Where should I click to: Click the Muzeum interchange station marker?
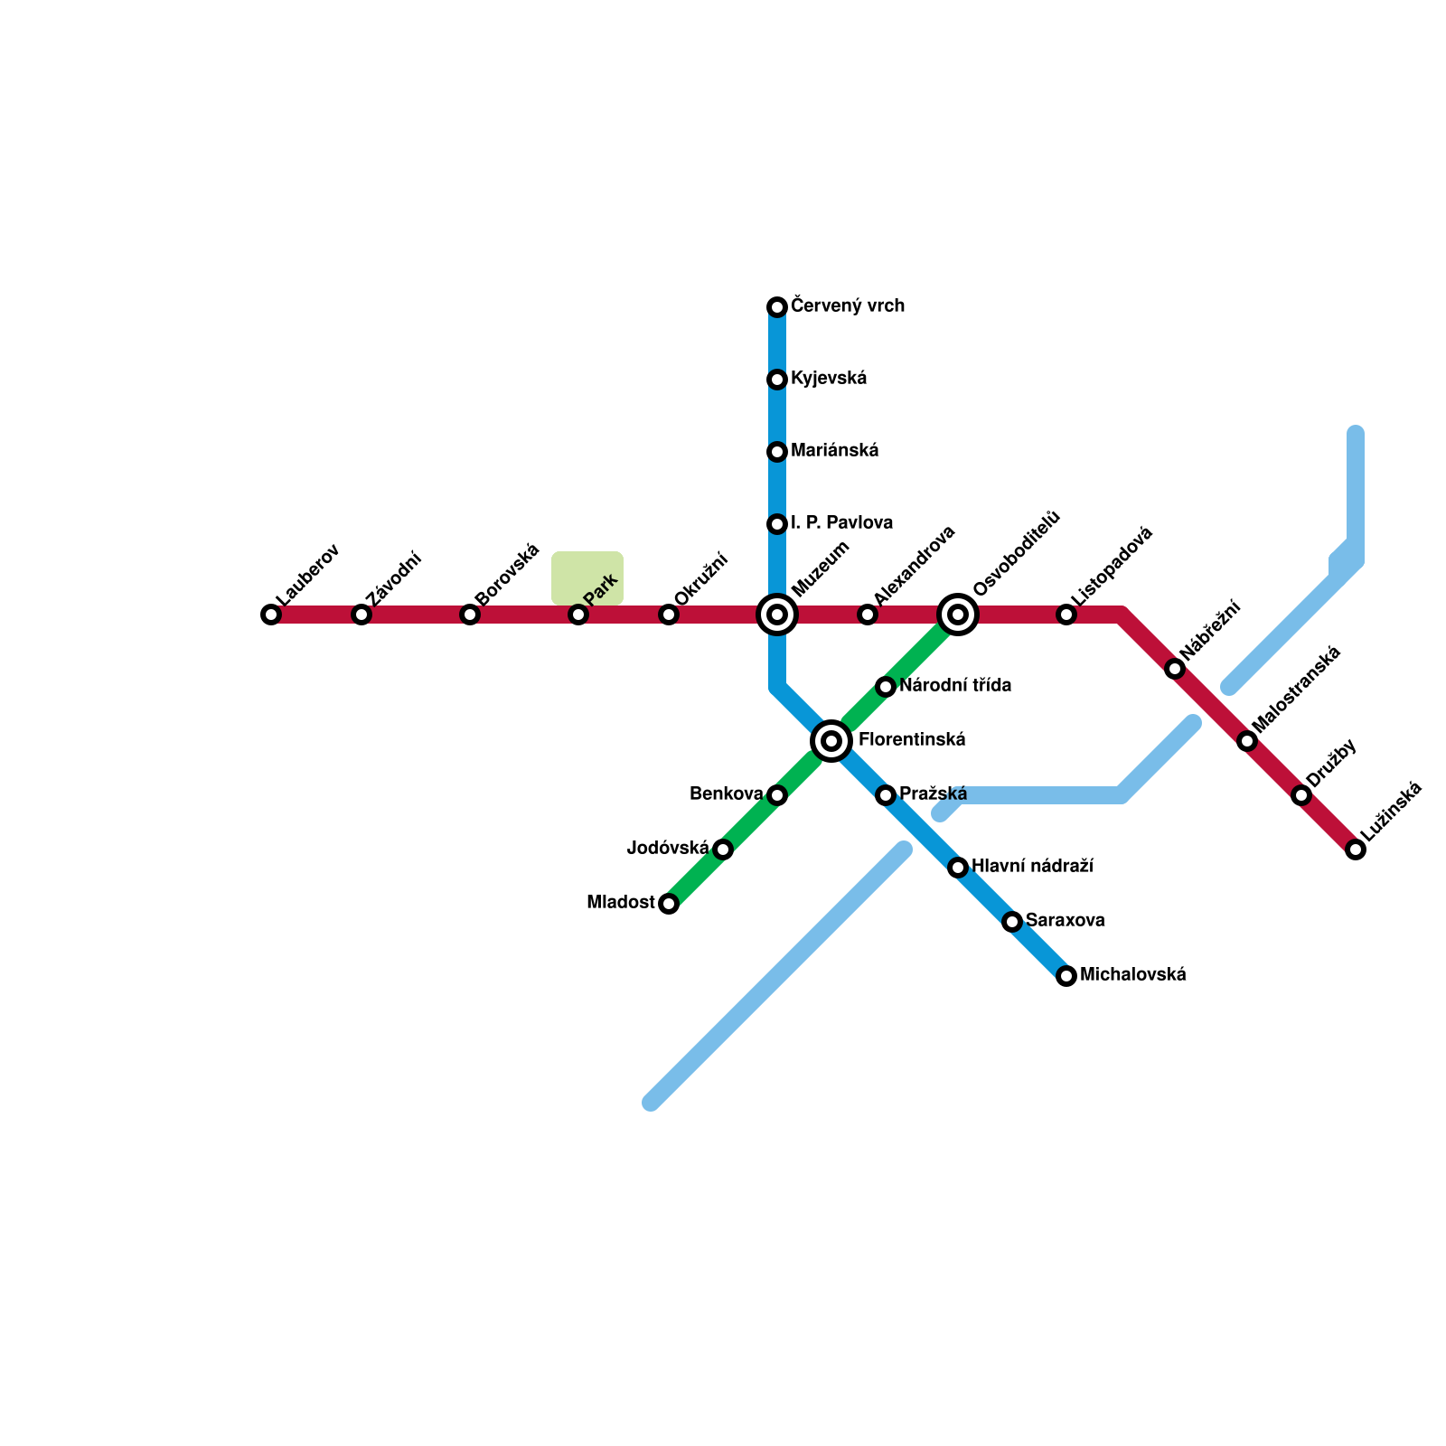click(x=777, y=615)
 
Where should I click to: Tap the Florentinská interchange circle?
click(x=831, y=741)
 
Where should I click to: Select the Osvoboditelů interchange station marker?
click(x=958, y=615)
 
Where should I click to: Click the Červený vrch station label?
click(x=847, y=306)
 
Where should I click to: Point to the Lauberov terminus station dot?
click(x=271, y=615)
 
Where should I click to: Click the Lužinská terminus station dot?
click(x=1355, y=850)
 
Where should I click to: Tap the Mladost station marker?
click(x=669, y=904)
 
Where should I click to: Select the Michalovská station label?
click(x=1132, y=975)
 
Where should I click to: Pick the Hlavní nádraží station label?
click(x=1032, y=867)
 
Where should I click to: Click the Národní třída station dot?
click(x=886, y=687)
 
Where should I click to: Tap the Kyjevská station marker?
click(x=777, y=380)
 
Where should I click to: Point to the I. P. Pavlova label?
click(x=841, y=523)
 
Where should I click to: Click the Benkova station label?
click(x=726, y=794)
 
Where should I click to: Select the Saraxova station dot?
click(x=1012, y=922)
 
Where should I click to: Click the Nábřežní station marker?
click(x=1175, y=669)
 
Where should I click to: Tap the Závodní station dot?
click(x=361, y=615)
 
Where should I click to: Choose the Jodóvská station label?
click(x=668, y=849)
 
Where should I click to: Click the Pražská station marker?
click(x=886, y=795)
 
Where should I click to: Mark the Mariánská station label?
click(x=834, y=451)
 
